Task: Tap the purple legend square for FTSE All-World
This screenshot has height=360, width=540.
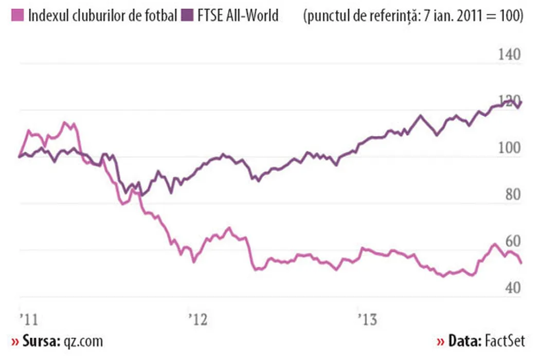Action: point(188,16)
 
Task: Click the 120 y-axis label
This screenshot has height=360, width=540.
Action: point(508,102)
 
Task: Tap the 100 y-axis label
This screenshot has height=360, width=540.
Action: point(508,149)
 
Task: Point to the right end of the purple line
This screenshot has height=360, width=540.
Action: point(521,102)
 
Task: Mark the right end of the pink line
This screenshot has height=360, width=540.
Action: point(521,263)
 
